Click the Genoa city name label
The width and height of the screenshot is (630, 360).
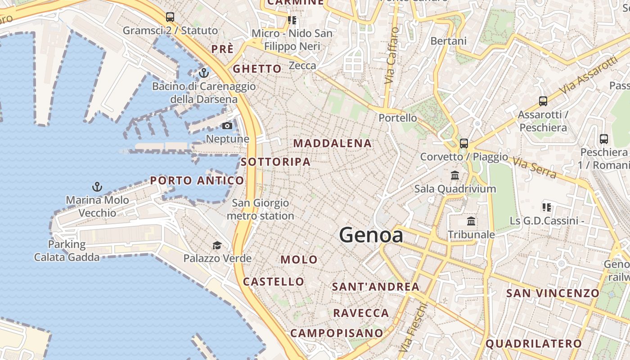(371, 235)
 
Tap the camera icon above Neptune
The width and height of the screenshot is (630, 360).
(227, 126)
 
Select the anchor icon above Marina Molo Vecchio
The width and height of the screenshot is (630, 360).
(97, 187)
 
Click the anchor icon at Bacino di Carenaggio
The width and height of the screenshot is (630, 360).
(204, 72)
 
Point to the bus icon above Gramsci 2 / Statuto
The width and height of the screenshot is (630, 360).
(170, 17)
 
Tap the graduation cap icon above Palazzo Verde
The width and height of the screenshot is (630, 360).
(217, 245)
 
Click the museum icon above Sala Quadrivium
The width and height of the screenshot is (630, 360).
(455, 175)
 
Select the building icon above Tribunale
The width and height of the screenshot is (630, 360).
(471, 221)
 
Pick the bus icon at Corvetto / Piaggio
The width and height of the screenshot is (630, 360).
(463, 144)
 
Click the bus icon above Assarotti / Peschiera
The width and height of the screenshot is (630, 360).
(543, 101)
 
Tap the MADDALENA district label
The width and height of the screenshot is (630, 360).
(333, 144)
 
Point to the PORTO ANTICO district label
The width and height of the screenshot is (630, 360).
(197, 181)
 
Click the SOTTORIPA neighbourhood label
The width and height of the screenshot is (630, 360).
(275, 162)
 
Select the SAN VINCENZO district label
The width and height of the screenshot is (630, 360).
(553, 293)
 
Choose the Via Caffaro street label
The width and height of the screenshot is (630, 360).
(391, 56)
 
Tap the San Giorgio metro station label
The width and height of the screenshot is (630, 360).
(260, 210)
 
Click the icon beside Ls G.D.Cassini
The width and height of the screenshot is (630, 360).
(547, 207)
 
